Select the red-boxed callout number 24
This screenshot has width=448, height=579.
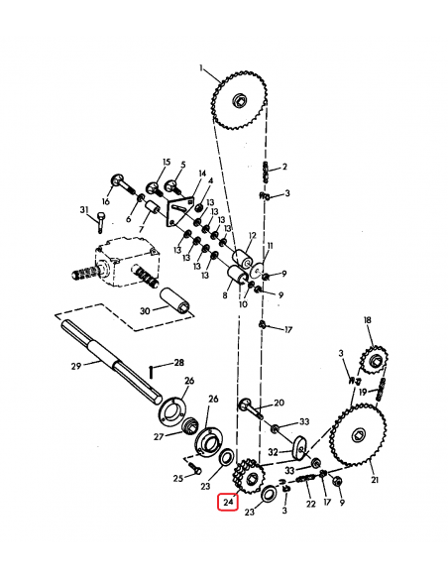click(x=229, y=503)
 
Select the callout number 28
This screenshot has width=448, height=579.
click(x=179, y=363)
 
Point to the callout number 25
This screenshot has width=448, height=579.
click(x=178, y=478)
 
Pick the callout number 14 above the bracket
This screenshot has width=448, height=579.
click(x=202, y=174)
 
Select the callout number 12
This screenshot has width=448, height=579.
click(x=252, y=236)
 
